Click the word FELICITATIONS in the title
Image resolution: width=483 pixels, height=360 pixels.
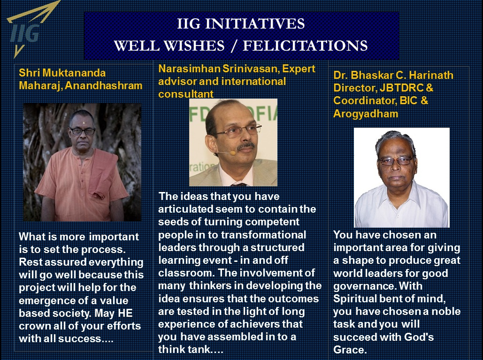pos(305,46)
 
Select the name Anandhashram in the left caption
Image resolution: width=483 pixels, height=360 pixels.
pos(104,85)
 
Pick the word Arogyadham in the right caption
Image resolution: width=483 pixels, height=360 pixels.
pos(366,114)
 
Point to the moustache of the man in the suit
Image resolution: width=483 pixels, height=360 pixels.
pos(246,146)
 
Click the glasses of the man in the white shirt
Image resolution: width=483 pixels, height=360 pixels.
pos(396,161)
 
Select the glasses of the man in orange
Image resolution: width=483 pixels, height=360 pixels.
pos(82,131)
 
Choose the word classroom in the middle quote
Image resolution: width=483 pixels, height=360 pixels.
pos(185,273)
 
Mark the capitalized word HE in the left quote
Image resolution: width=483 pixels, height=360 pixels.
pos(125,313)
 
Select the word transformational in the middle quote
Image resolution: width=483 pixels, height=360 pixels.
pos(264,235)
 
